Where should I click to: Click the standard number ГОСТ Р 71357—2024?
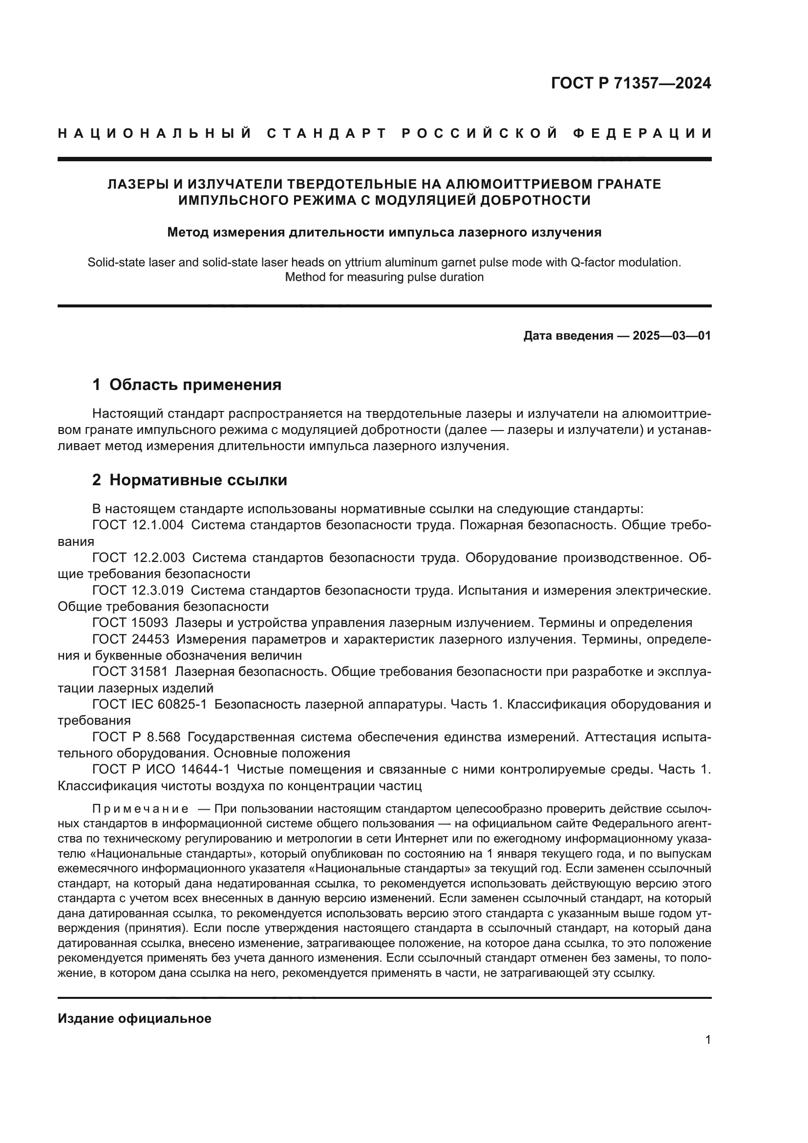click(630, 84)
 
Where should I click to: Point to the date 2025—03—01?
click(672, 336)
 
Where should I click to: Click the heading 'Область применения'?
click(195, 385)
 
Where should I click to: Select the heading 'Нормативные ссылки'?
click(198, 480)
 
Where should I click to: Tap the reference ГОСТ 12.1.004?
click(138, 525)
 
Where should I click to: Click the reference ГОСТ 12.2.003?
click(138, 558)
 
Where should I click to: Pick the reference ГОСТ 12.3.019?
click(138, 590)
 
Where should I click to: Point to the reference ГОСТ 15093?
click(130, 623)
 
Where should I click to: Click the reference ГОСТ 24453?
click(131, 639)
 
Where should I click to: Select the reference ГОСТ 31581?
click(130, 671)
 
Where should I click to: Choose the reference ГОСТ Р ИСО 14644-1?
click(161, 769)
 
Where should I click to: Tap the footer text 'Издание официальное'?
click(134, 1018)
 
